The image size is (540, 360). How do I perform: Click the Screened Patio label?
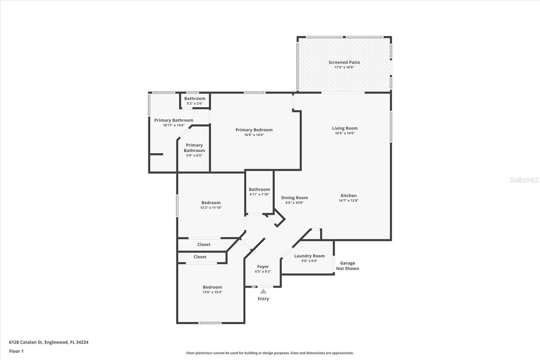(x=344, y=62)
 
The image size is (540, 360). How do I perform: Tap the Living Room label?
(x=345, y=128)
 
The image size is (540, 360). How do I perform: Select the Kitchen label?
(x=348, y=196)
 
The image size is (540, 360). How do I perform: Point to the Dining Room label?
(x=294, y=198)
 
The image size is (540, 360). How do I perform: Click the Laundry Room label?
(x=309, y=256)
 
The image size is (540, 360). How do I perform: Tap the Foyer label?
(x=263, y=266)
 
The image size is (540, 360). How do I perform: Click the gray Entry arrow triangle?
(x=263, y=291)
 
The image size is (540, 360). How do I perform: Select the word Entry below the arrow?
(x=263, y=299)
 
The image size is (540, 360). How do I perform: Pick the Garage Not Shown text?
(x=347, y=266)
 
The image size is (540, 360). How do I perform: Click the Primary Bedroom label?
(x=254, y=130)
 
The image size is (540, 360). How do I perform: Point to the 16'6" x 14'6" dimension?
(x=254, y=135)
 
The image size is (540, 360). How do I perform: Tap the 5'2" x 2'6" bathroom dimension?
(x=195, y=103)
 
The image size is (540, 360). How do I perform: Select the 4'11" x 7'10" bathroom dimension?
(x=259, y=194)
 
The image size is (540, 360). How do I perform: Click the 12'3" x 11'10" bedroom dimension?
(x=211, y=208)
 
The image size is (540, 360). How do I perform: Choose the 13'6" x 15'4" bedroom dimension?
(x=212, y=292)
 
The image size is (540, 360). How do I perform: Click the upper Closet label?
(x=204, y=245)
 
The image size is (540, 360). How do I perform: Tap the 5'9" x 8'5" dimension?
(x=194, y=155)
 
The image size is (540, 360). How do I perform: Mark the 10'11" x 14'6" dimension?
(x=173, y=125)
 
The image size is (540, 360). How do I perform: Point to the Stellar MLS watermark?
(x=524, y=180)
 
